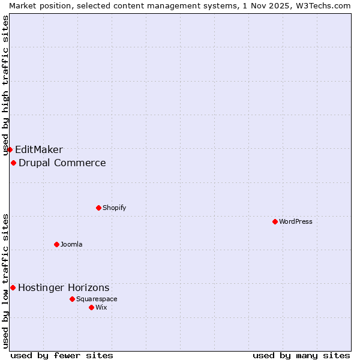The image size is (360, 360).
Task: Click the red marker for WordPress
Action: (x=275, y=221)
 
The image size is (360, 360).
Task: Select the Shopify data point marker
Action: (x=98, y=208)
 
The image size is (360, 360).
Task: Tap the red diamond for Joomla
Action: (x=56, y=244)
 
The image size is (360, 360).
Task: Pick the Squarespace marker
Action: (x=72, y=299)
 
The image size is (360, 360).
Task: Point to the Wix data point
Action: (x=91, y=307)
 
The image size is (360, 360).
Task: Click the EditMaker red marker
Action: (x=10, y=149)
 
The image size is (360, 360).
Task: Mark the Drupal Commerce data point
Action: (x=13, y=163)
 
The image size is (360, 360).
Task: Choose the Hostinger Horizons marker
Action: (x=13, y=287)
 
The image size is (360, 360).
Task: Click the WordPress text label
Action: (x=296, y=221)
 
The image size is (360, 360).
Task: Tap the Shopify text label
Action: (x=114, y=208)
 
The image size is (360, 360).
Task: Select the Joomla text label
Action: (x=71, y=244)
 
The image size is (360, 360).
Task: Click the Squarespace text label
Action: (x=97, y=299)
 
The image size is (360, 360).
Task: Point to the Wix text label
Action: (x=101, y=307)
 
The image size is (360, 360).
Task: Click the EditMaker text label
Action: (x=39, y=150)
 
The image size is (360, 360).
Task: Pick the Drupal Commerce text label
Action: (x=62, y=163)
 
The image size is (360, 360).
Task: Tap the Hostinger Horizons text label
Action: (x=64, y=288)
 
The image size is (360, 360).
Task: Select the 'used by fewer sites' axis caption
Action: (x=62, y=355)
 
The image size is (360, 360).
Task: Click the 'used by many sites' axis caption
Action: (x=301, y=355)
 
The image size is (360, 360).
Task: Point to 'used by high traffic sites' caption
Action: (x=5, y=85)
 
